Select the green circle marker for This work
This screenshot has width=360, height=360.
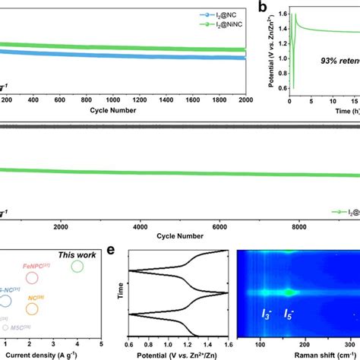click(x=77, y=267)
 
